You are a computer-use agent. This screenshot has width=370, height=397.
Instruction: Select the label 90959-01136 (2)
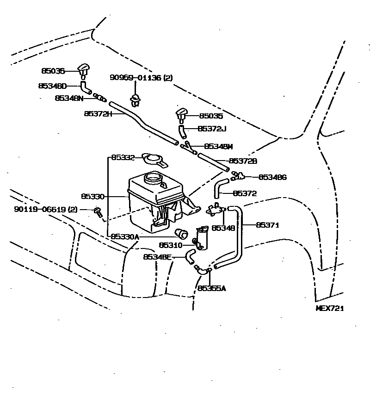(141, 78)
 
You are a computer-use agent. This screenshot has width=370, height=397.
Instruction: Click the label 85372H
(98, 113)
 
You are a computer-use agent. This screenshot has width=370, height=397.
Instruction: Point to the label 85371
(269, 225)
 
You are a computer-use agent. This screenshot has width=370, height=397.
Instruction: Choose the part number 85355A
(211, 288)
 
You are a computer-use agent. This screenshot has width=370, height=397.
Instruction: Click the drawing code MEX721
(329, 308)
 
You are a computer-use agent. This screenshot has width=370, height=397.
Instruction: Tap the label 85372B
(243, 161)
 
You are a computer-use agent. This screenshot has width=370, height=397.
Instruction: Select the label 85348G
(272, 177)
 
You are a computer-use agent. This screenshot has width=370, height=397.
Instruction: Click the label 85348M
(218, 146)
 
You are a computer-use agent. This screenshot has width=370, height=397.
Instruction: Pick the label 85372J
(212, 129)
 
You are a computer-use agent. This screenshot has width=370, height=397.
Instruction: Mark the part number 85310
(171, 245)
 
